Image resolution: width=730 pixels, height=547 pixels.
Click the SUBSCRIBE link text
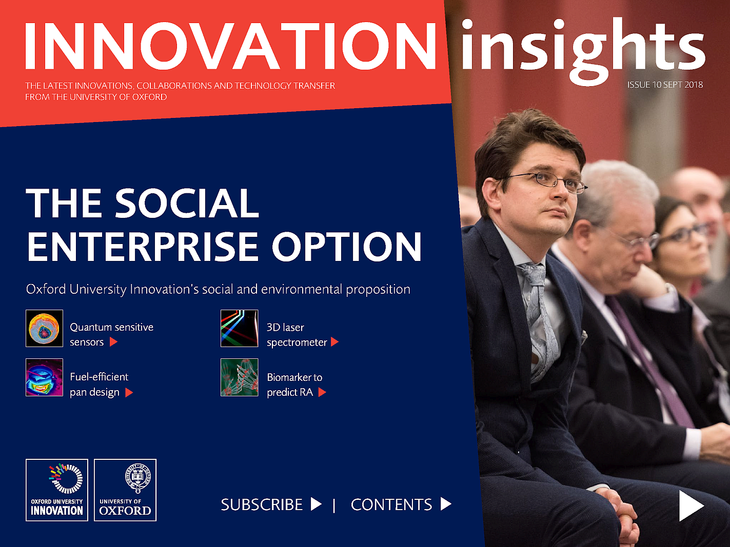[262, 504]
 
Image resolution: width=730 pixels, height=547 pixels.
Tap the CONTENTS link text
[391, 504]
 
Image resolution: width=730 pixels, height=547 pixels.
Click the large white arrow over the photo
[690, 506]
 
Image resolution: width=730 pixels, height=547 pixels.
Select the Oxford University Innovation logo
[57, 490]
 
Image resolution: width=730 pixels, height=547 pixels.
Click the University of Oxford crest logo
[125, 490]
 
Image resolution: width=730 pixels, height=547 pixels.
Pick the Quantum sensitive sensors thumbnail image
[45, 329]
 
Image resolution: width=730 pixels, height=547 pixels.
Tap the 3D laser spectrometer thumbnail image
[240, 329]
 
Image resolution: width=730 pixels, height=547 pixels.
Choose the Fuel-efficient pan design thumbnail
[45, 377]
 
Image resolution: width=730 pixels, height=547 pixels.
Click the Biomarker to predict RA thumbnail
[240, 377]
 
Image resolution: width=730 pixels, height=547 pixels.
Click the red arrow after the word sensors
[113, 342]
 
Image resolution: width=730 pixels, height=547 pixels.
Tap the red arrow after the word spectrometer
[334, 342]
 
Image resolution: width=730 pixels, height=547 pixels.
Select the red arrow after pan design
[129, 393]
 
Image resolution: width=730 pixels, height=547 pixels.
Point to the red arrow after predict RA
[322, 392]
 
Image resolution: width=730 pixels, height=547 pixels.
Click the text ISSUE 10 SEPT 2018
[665, 85]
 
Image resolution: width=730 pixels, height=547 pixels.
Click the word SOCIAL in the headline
[187, 204]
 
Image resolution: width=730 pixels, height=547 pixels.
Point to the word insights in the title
[582, 49]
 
